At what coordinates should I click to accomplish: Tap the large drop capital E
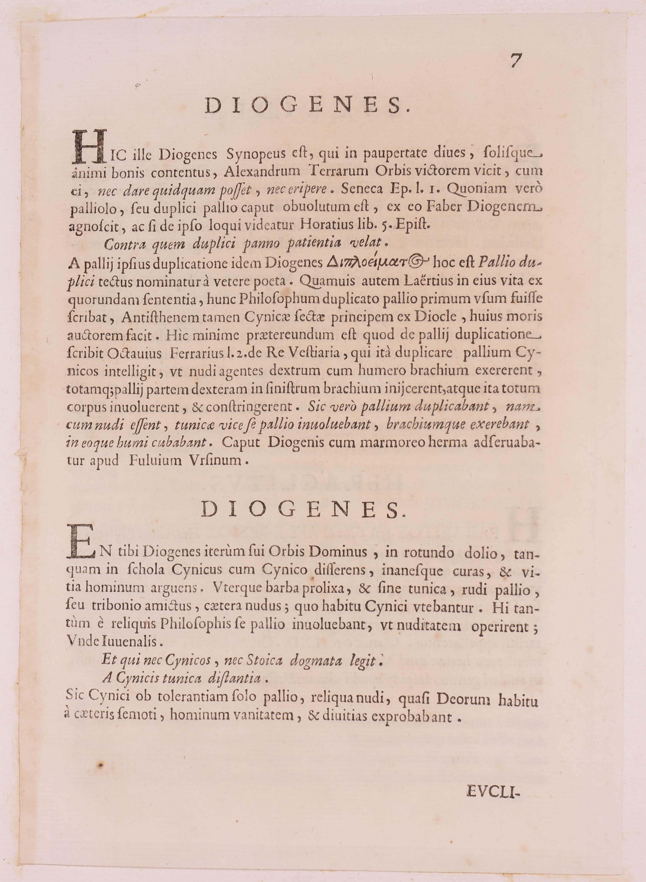point(80,542)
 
